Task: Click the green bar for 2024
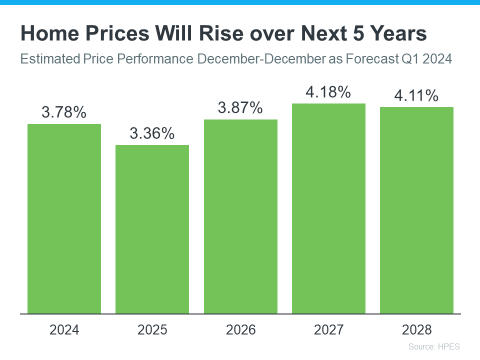[x=64, y=219]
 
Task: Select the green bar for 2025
[x=152, y=229]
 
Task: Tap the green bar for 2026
[x=240, y=216]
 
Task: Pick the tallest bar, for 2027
[x=328, y=208]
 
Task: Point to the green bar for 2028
[x=416, y=210]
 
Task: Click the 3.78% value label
[x=64, y=112]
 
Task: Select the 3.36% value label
[x=152, y=133]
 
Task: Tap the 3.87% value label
[x=240, y=108]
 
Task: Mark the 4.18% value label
[x=328, y=92]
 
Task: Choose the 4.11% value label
[x=416, y=95]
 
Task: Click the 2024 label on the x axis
[x=64, y=330]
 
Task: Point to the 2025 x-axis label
[x=152, y=330]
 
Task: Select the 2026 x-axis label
[x=240, y=330]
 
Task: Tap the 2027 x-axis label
[x=328, y=330]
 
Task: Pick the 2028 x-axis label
[x=416, y=330]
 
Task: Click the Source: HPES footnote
[x=433, y=346]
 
